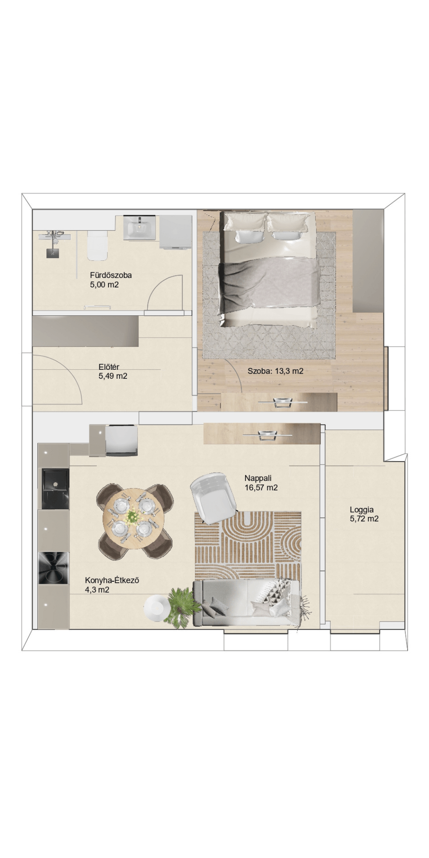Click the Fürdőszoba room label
click(111, 275)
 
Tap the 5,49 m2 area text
click(113, 376)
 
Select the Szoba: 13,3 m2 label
click(275, 371)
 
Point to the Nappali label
click(258, 478)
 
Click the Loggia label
click(362, 510)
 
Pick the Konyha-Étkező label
click(112, 580)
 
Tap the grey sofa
click(247, 603)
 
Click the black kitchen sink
click(55, 488)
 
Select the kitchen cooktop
click(54, 568)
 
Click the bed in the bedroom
click(269, 269)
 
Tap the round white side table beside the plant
click(155, 607)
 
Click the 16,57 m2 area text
click(261, 488)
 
